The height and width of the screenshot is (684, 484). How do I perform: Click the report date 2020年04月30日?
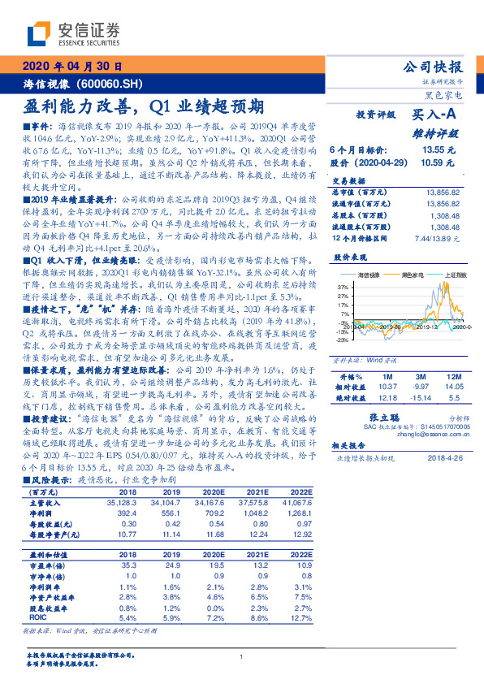pyautogui.click(x=72, y=67)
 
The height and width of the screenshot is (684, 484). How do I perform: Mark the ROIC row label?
pyautogui.click(x=39, y=617)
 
